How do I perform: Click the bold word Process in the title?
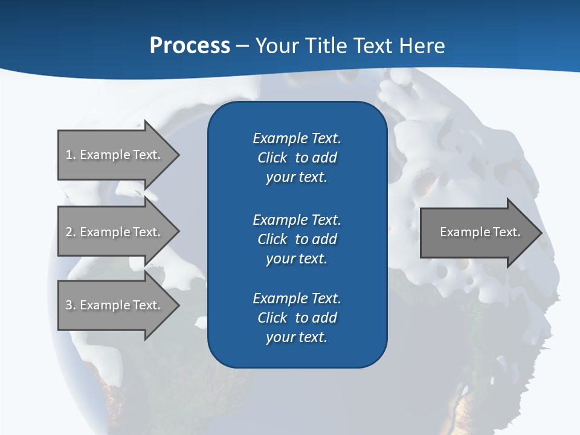tap(190, 46)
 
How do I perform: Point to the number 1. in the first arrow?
tap(70, 155)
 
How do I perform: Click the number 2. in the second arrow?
tap(70, 232)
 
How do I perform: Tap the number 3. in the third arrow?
tap(70, 305)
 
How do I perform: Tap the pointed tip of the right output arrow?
tap(540, 232)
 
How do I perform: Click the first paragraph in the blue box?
tap(297, 158)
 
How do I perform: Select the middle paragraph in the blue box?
tap(297, 239)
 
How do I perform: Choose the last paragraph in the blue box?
tap(297, 318)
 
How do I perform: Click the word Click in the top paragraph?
tap(272, 158)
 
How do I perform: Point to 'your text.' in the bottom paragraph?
tap(297, 337)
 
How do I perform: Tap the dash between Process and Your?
tap(242, 46)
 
